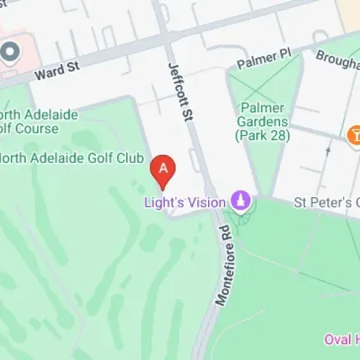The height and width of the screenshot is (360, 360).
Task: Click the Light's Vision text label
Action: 185,202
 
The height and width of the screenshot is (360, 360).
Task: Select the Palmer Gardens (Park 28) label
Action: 261,122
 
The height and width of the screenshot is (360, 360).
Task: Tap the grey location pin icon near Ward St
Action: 9,53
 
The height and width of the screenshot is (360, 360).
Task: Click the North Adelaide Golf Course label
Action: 29,122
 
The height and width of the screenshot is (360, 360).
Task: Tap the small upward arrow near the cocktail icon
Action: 328,150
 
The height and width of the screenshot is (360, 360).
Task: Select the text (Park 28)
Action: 261,135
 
